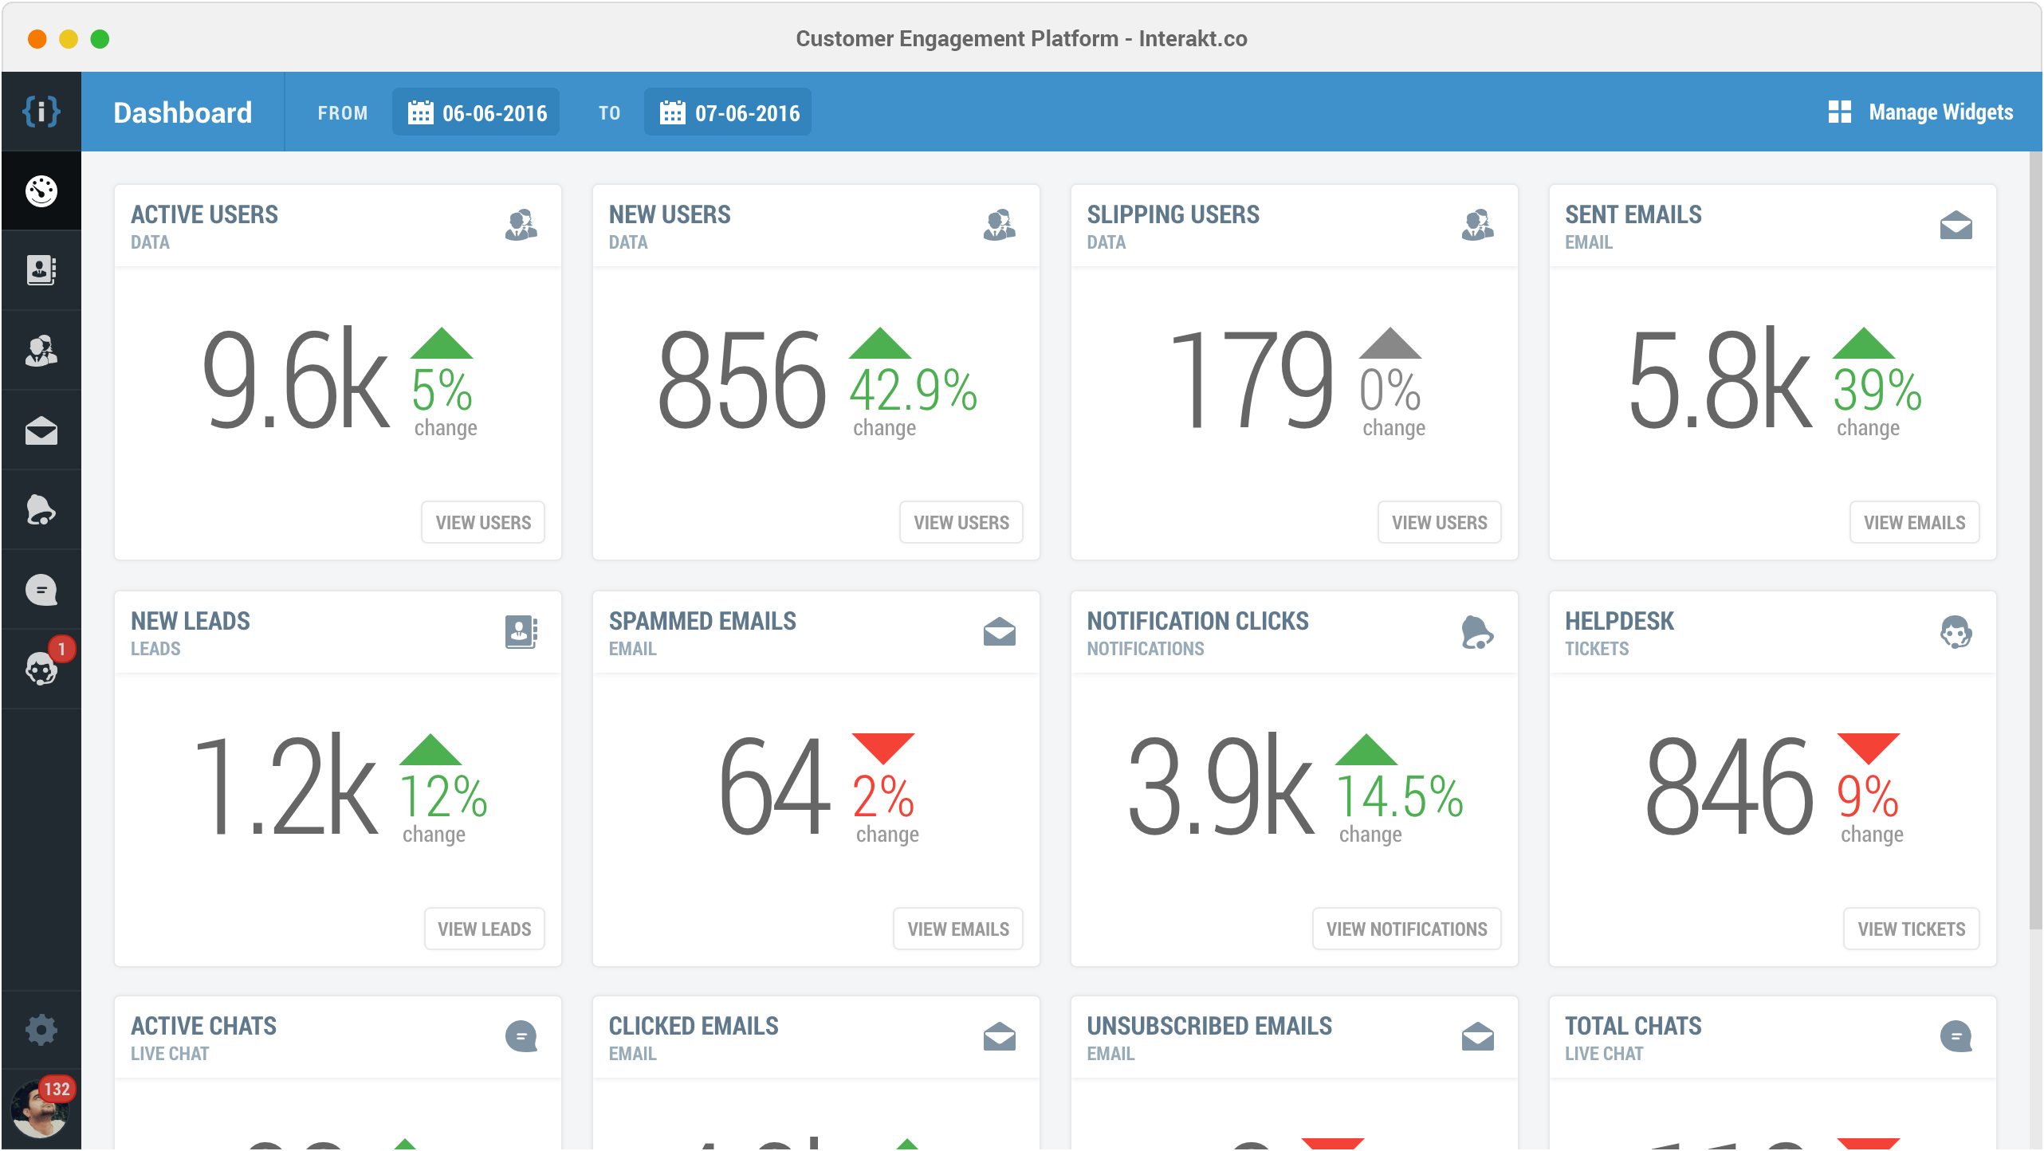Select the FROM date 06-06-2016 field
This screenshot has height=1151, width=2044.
(x=476, y=112)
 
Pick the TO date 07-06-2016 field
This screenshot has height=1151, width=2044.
(x=728, y=112)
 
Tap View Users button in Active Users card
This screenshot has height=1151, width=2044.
(x=483, y=523)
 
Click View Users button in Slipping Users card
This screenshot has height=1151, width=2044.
(x=1439, y=523)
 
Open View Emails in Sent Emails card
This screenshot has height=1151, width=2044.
(x=1914, y=523)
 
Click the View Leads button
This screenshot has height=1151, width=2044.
(x=484, y=929)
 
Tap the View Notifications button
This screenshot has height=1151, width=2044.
(x=1406, y=929)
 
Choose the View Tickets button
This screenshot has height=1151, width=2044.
(x=1911, y=929)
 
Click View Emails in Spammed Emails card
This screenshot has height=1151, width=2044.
(x=958, y=929)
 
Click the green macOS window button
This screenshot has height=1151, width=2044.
(x=100, y=39)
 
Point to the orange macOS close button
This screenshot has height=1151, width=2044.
(x=37, y=39)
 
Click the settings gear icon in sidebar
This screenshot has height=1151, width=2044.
(x=41, y=1030)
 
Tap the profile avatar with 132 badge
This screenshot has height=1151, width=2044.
(x=38, y=1110)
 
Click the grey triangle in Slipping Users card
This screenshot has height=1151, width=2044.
(x=1390, y=344)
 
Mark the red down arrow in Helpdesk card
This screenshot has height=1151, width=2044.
(x=1868, y=748)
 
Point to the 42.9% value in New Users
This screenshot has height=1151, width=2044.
(x=913, y=391)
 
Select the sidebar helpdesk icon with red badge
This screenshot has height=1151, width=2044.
(x=41, y=669)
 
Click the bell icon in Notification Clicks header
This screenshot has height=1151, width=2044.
(x=1476, y=633)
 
